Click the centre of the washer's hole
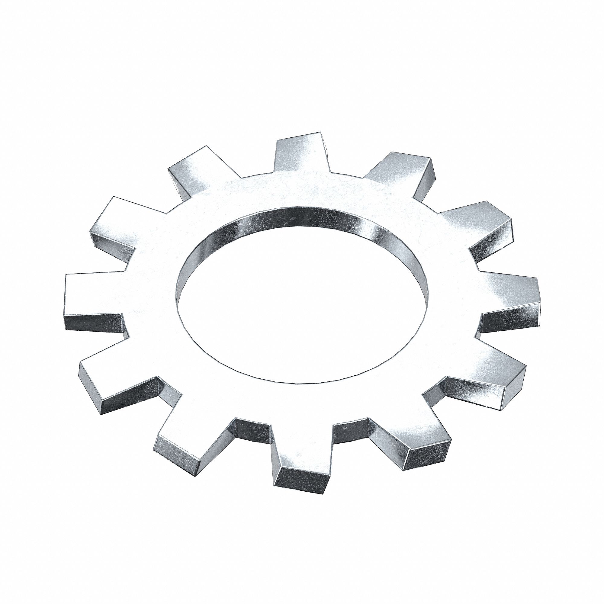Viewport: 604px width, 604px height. [x=302, y=300]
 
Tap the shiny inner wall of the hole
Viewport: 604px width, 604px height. [x=300, y=217]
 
